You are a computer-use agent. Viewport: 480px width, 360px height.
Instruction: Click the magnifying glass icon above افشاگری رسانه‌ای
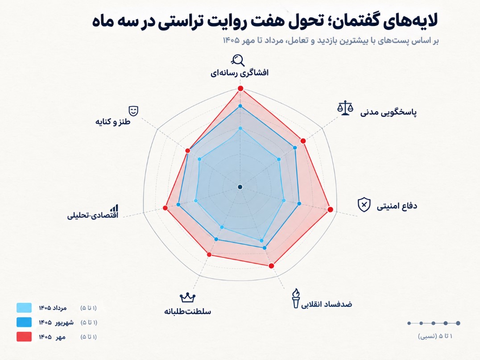coord(238,60)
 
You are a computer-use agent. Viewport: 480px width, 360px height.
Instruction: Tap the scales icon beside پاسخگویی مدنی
coord(345,108)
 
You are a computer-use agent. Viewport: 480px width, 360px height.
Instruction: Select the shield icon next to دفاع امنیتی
coord(364,204)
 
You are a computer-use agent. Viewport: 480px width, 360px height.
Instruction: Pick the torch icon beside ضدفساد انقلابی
coord(296,298)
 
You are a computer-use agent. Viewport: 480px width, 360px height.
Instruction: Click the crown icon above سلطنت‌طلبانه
coord(187,297)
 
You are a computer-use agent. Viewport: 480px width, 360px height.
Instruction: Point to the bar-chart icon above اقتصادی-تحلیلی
coord(115,208)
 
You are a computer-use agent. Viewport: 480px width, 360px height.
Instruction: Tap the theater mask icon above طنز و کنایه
coord(133,111)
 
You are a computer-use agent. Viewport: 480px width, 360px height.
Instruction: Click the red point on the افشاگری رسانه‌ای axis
coord(240,89)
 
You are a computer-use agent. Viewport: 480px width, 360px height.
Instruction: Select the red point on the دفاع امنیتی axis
coord(330,210)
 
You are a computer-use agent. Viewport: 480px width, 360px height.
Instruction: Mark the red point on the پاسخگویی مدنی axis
coord(303,141)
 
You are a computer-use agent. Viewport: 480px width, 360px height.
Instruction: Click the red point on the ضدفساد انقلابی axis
coord(271,266)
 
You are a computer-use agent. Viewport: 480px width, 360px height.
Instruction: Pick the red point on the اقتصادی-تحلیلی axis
coord(166,208)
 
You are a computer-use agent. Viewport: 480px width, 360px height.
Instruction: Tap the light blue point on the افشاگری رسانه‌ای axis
coord(240,128)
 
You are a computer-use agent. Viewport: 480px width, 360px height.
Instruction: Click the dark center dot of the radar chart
coord(240,187)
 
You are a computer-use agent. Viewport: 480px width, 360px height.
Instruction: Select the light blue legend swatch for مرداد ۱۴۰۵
coord(24,308)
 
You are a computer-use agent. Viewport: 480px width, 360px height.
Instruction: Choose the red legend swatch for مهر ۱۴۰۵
coord(24,336)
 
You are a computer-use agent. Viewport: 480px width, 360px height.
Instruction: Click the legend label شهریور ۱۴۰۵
coord(56,323)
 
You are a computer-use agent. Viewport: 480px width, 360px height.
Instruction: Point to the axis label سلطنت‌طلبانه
coord(187,312)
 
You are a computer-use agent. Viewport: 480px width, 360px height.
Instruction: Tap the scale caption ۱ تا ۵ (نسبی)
coord(435,336)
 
